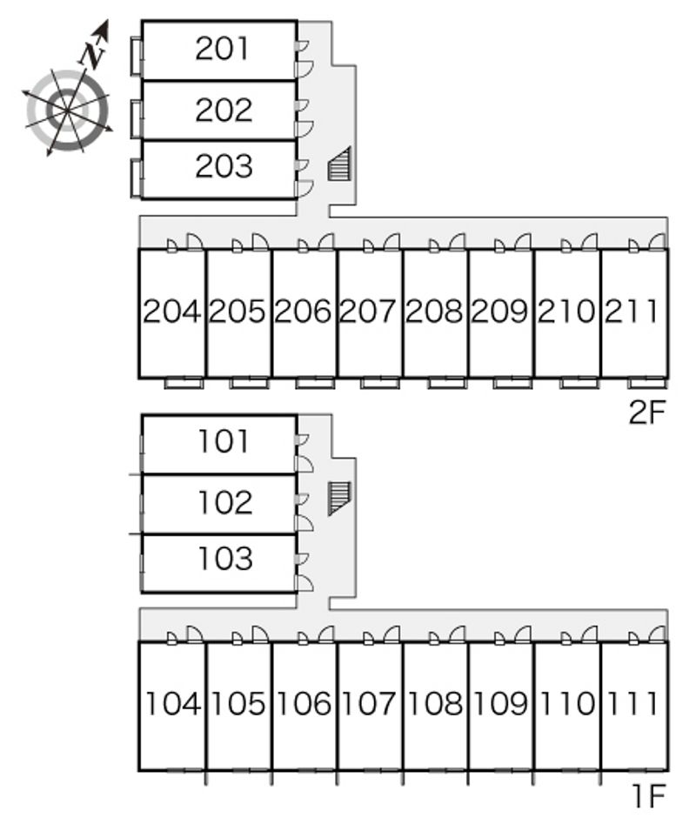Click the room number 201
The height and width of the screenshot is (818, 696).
[224, 49]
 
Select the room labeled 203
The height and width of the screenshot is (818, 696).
[224, 165]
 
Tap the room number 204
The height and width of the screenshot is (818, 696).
[171, 311]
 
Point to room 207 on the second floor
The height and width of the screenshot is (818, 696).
[369, 311]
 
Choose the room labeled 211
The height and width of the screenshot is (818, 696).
[632, 311]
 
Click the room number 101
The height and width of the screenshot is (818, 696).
[224, 442]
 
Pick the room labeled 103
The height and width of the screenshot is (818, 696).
[224, 558]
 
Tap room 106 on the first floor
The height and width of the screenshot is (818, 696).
[304, 703]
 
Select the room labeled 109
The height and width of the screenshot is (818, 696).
[501, 703]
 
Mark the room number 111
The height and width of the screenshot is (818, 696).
[632, 703]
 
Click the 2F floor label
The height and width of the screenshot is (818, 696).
[647, 412]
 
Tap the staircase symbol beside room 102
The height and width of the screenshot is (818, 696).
[338, 498]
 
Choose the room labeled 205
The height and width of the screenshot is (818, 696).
[238, 311]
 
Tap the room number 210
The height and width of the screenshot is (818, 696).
[566, 311]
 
